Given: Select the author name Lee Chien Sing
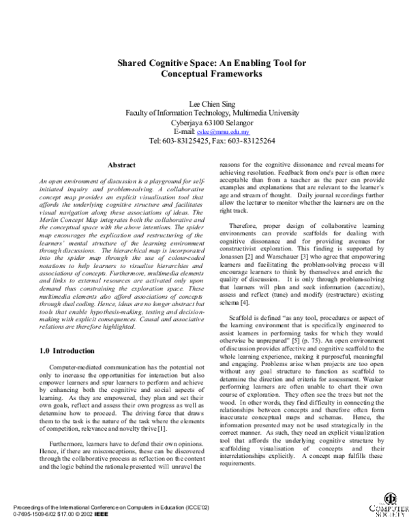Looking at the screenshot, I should point(204,103).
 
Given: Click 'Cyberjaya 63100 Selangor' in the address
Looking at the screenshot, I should point(204,122).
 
